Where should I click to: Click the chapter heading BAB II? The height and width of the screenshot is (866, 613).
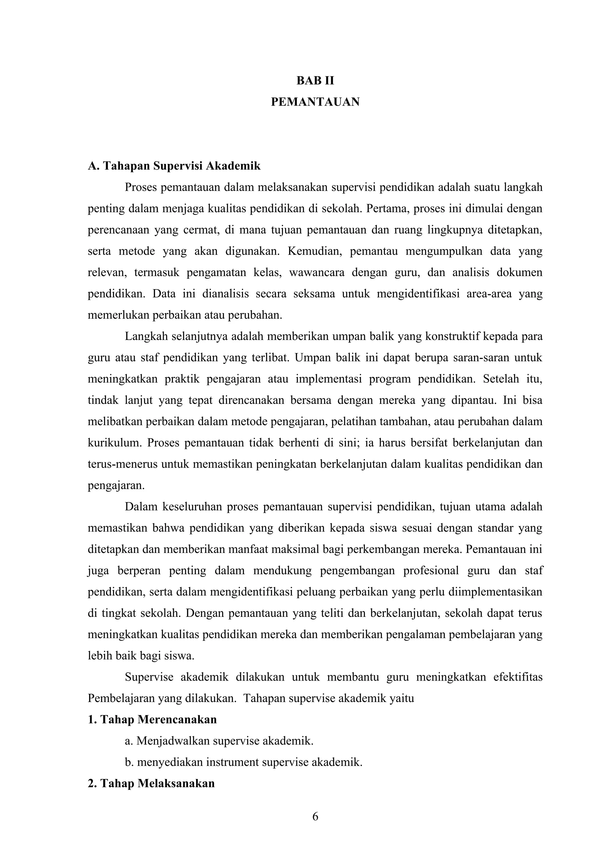coord(315,81)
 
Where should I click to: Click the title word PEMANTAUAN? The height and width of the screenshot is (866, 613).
coord(315,102)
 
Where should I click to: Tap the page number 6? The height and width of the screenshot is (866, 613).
coord(315,816)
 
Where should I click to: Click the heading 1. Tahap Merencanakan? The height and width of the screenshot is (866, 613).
coord(152,720)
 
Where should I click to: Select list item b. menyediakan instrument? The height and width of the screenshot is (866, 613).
coord(243,762)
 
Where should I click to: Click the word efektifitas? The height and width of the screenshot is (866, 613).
coord(518,677)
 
